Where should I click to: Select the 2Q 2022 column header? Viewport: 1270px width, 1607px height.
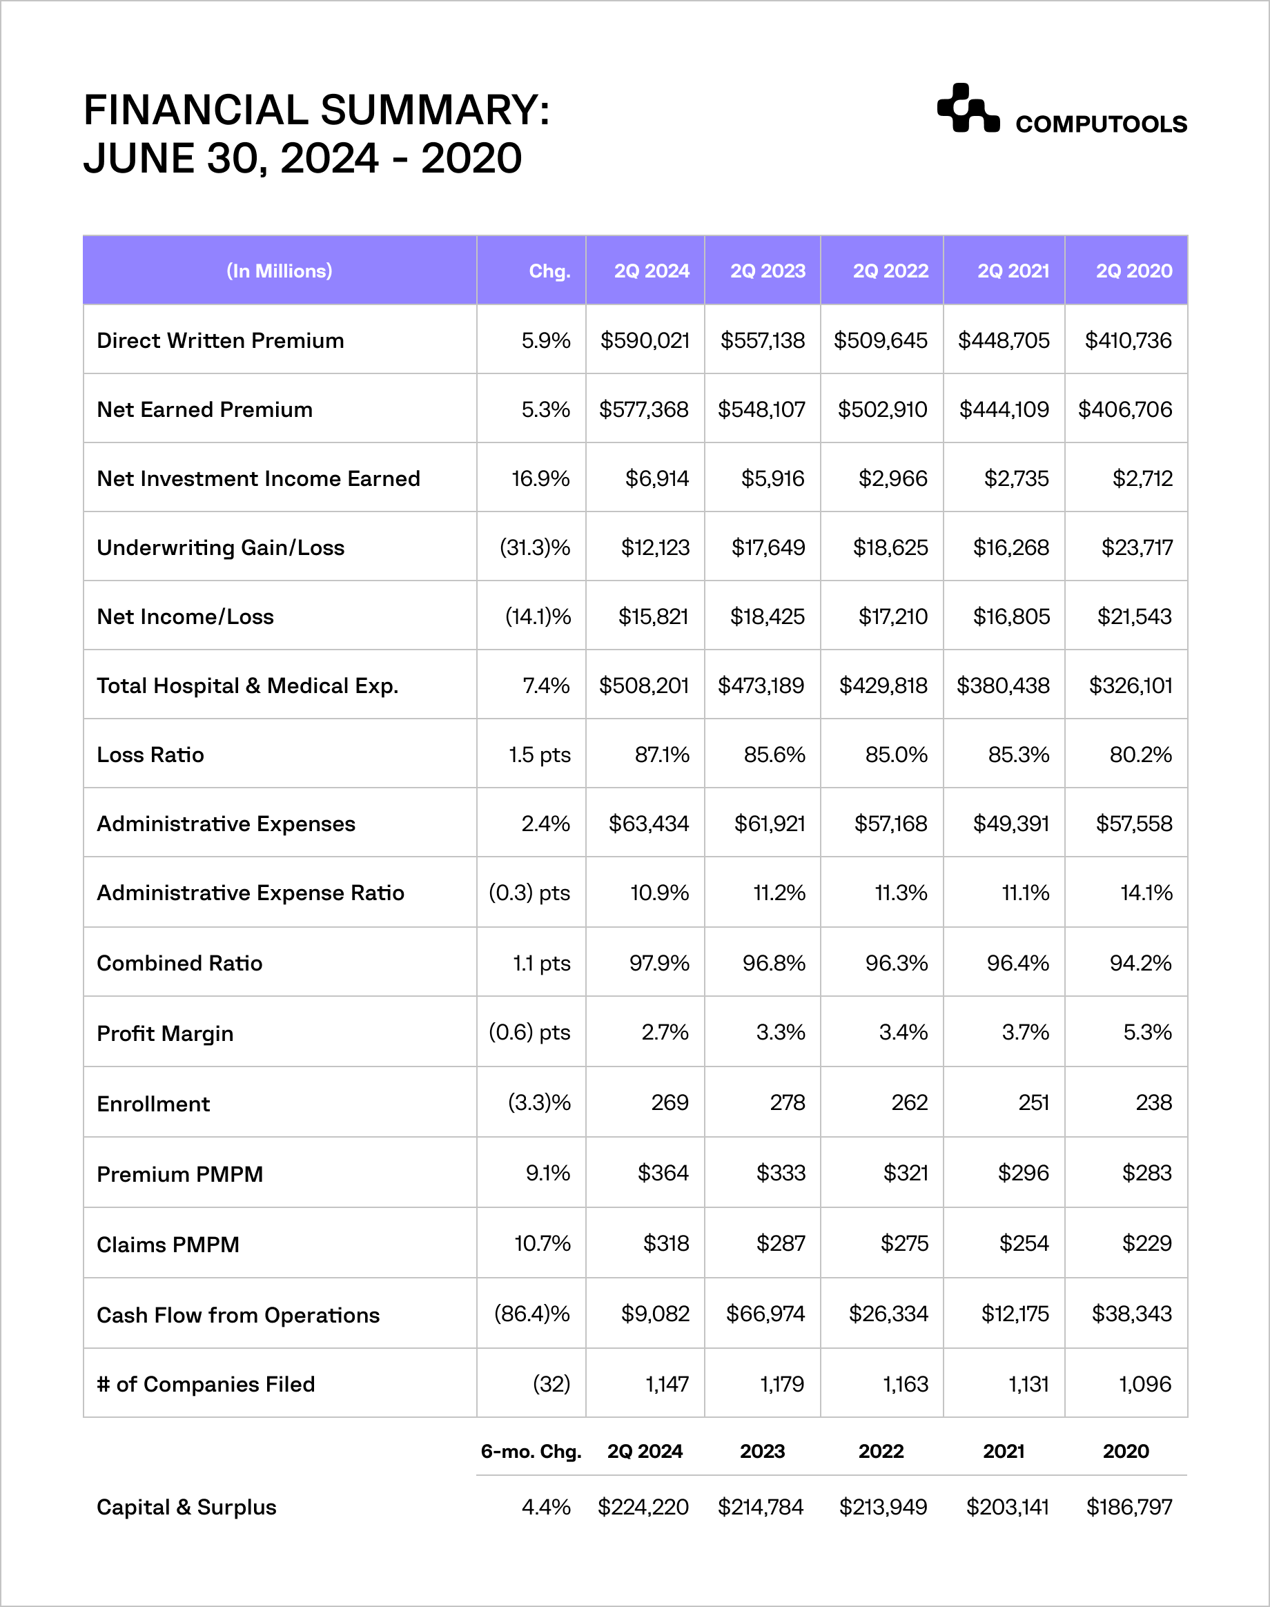click(x=890, y=271)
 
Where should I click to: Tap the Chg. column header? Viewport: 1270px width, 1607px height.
click(x=549, y=271)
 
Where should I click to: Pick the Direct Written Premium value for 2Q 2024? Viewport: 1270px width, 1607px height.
click(x=645, y=340)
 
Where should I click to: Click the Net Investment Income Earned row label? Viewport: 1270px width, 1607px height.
click(x=258, y=478)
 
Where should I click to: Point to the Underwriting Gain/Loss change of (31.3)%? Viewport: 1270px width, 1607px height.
click(x=535, y=547)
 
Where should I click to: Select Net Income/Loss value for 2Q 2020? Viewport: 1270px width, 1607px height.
click(x=1134, y=616)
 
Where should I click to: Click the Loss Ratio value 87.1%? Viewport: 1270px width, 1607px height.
click(x=662, y=754)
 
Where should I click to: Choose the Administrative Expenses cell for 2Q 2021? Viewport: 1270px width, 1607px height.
click(x=1010, y=824)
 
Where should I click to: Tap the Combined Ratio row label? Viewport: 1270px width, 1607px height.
click(x=179, y=963)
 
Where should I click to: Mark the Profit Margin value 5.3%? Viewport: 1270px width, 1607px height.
click(x=1146, y=1032)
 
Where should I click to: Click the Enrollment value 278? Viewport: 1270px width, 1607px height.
click(x=788, y=1102)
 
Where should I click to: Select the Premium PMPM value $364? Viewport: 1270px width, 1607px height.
click(x=663, y=1173)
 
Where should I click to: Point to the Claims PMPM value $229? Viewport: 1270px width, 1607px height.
click(x=1146, y=1243)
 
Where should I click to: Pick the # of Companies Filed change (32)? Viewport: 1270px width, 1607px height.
click(x=551, y=1384)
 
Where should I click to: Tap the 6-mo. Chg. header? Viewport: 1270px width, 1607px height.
click(x=531, y=1451)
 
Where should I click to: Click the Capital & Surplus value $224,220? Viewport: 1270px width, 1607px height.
click(x=643, y=1507)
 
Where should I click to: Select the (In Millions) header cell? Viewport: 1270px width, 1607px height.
click(x=279, y=271)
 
